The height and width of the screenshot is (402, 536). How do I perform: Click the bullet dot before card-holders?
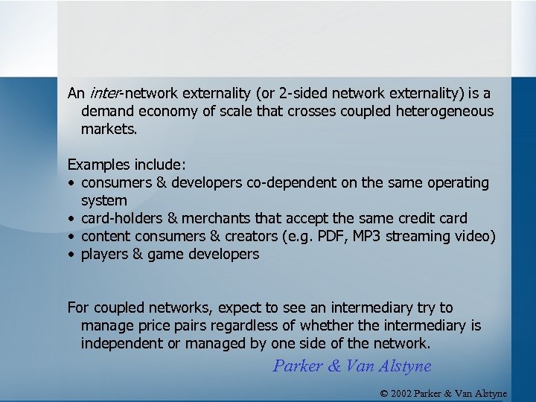(x=71, y=219)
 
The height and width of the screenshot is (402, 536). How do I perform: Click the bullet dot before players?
(x=71, y=255)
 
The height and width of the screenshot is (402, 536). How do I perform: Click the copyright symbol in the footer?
(x=385, y=393)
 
